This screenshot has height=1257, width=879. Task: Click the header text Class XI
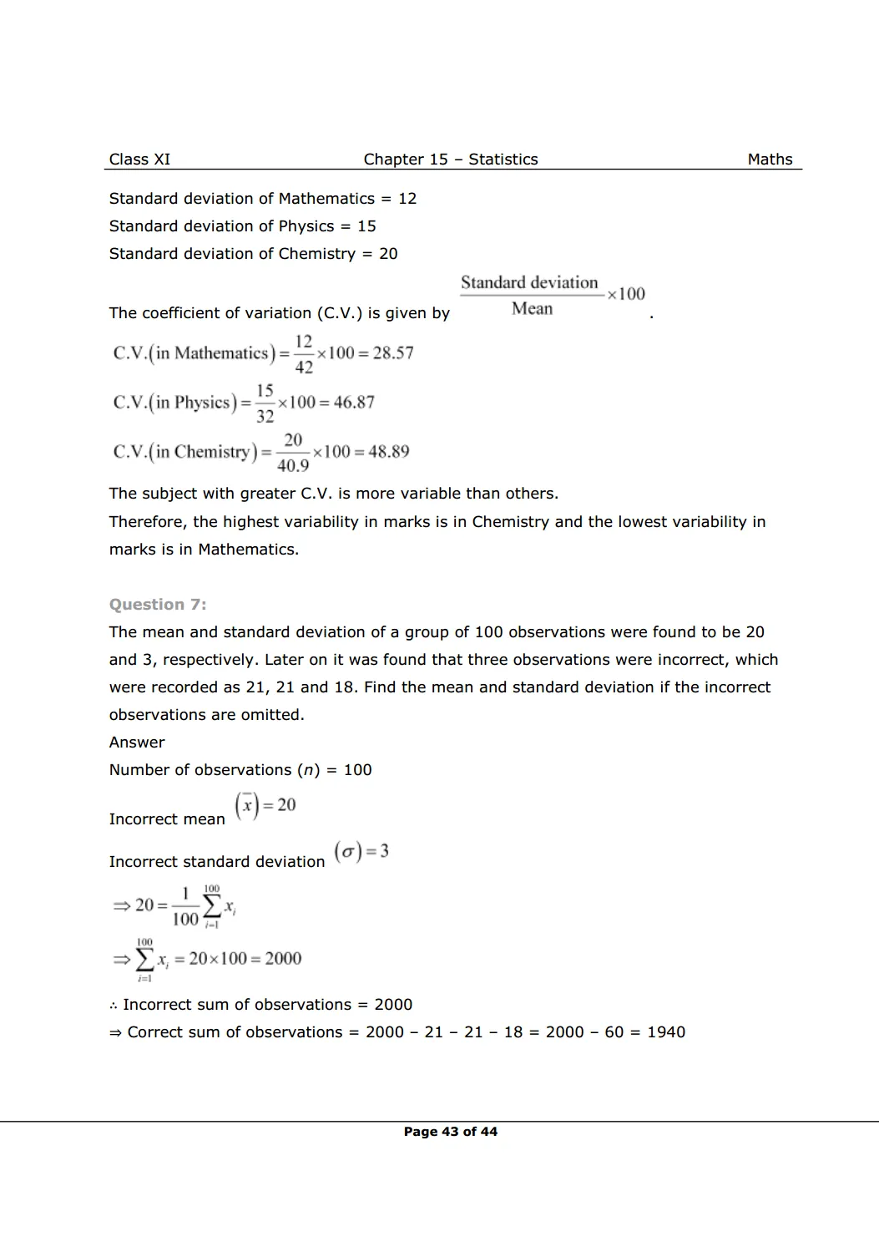point(139,160)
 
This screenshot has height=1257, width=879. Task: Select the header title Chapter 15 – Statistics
point(450,160)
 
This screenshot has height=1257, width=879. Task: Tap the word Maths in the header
point(770,160)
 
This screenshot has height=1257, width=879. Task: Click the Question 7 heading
point(158,605)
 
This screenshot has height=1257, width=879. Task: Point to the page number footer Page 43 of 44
point(450,1132)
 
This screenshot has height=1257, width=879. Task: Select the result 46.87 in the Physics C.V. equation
point(354,403)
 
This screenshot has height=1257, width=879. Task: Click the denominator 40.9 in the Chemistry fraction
point(293,465)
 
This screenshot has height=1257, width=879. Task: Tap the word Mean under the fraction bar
point(532,309)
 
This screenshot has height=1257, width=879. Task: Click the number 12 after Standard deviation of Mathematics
point(407,199)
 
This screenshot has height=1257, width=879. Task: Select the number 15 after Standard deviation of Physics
point(366,226)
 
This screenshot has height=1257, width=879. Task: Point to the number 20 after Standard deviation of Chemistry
point(388,254)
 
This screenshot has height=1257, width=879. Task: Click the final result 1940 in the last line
point(666,1032)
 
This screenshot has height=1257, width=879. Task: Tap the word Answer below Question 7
point(137,743)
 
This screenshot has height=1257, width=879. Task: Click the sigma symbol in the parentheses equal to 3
point(348,852)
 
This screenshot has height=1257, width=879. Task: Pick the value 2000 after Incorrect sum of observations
point(393,1005)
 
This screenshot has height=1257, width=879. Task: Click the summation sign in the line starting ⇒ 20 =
point(212,906)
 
